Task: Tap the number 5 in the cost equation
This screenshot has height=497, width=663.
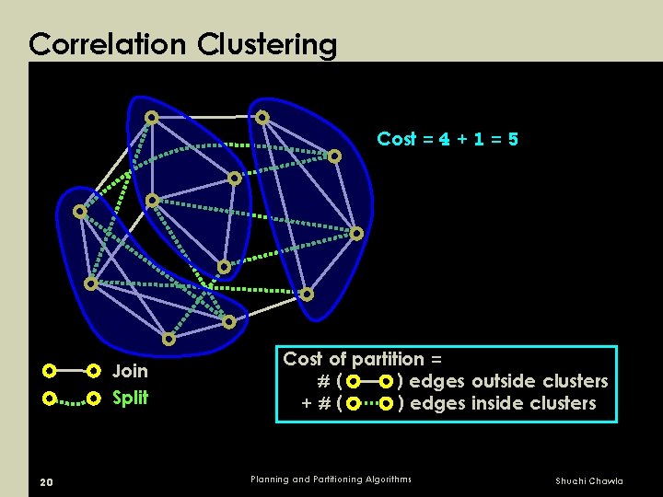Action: [513, 139]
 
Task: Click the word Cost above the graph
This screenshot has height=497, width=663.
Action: [397, 139]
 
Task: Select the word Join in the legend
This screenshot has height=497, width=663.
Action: [130, 372]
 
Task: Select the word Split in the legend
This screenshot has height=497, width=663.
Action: [130, 399]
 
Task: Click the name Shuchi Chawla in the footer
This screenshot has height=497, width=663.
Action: [588, 481]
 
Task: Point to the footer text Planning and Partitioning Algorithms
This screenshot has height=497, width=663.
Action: [331, 480]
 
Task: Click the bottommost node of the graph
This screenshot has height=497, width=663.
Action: [169, 339]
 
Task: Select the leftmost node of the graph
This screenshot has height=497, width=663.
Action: [80, 212]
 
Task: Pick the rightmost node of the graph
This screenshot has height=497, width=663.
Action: [356, 233]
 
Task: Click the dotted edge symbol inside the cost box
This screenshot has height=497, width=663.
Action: [370, 403]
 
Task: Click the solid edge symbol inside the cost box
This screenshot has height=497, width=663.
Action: [370, 381]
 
